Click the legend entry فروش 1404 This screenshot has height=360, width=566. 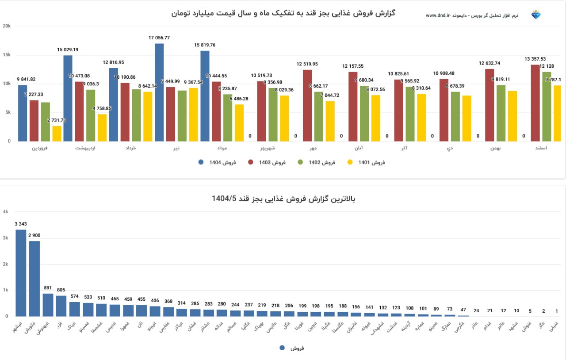(217, 162)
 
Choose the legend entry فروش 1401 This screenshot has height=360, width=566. (367, 162)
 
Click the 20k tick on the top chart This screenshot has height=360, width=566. (7, 26)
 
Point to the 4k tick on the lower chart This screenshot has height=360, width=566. (6, 212)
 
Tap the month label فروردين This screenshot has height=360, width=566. (39, 148)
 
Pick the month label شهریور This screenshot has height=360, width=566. (268, 148)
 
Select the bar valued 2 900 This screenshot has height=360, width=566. (34, 279)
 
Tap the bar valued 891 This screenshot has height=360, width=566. (48, 305)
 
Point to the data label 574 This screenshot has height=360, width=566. (75, 296)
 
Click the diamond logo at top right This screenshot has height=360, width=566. (536, 15)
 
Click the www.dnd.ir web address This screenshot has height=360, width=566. (438, 15)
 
